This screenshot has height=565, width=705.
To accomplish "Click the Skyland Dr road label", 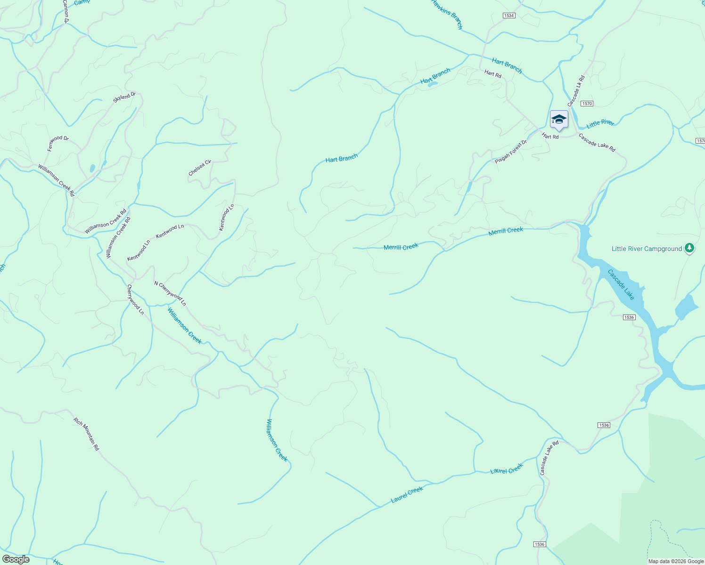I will coord(124,98).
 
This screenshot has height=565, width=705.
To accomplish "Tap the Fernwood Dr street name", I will coord(58,143).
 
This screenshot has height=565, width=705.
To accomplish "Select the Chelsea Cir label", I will coord(200,168).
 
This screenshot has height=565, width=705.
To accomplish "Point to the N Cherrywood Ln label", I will coord(170,293).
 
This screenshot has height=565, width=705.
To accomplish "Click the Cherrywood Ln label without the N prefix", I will coord(135,299).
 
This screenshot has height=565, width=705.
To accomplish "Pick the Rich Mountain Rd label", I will coord(87,434).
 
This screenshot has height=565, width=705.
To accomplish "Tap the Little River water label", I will coord(600,123).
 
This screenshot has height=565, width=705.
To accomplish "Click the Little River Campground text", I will coord(647,249).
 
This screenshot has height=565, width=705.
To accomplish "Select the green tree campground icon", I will coord(689,248).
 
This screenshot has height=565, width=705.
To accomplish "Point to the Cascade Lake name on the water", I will coord(621,284).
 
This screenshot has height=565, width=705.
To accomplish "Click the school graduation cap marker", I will coord(559,119).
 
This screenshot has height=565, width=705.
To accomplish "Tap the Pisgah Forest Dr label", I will coord(511,152).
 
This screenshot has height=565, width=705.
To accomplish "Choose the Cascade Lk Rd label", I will coord(576,90).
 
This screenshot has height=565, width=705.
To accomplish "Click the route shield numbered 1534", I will coord(508,16).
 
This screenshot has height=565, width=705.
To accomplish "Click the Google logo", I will coord(16,559).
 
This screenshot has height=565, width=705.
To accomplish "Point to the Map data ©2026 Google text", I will coord(676,561).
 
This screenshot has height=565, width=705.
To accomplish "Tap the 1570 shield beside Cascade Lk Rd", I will coord(587,104).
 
